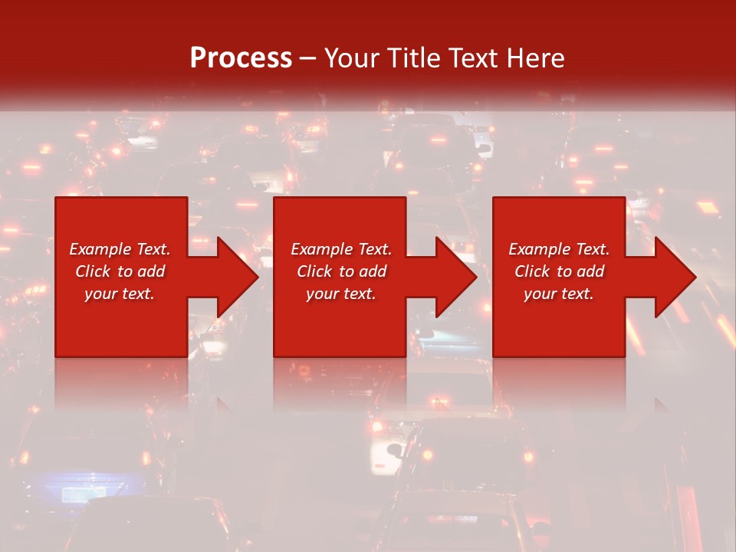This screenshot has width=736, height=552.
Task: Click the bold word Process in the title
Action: (x=241, y=58)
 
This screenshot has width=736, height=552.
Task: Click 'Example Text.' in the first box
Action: (x=120, y=249)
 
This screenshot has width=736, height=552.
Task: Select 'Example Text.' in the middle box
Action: (x=341, y=249)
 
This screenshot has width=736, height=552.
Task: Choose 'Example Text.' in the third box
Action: (x=559, y=249)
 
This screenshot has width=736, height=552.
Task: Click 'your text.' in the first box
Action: (x=120, y=294)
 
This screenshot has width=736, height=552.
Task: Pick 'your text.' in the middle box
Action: (x=341, y=294)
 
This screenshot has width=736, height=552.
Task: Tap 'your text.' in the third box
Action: (x=559, y=294)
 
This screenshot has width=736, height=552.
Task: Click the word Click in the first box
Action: (x=93, y=271)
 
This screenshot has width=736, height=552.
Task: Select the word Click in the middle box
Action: (x=314, y=271)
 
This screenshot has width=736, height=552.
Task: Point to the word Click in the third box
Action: (x=532, y=271)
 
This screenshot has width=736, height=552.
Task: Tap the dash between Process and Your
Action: (x=307, y=58)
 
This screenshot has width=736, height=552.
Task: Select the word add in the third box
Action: (x=590, y=271)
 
